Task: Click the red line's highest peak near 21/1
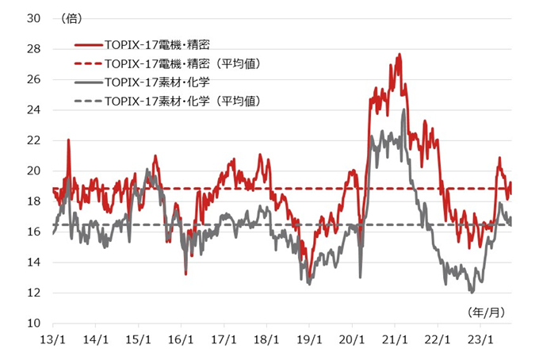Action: pos(399,54)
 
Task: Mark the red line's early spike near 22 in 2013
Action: pos(68,140)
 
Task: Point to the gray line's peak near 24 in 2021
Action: pos(404,109)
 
